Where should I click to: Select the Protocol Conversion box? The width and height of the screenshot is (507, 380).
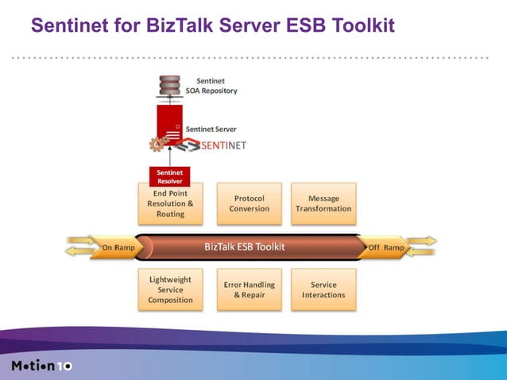(x=249, y=204)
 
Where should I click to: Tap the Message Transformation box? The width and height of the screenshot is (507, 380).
(x=323, y=204)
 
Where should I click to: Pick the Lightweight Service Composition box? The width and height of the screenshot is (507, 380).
(x=170, y=289)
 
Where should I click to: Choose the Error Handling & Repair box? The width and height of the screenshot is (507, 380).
(x=249, y=289)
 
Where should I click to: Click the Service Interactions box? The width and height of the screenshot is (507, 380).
(x=323, y=289)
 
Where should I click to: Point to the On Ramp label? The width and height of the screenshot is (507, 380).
(x=117, y=247)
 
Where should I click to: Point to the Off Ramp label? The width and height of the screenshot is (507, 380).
(x=386, y=247)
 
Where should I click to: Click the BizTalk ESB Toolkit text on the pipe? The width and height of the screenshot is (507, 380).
(x=244, y=246)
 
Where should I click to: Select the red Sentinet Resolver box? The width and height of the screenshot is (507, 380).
(x=169, y=176)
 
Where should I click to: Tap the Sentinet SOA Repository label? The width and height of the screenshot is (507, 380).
(x=211, y=86)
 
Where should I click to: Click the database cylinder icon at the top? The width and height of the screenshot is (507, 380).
(x=168, y=84)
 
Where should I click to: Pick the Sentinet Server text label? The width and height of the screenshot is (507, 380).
(x=211, y=129)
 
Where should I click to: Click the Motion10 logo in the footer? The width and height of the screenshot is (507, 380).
(x=41, y=366)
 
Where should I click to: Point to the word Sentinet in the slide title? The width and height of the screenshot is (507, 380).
(x=66, y=27)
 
